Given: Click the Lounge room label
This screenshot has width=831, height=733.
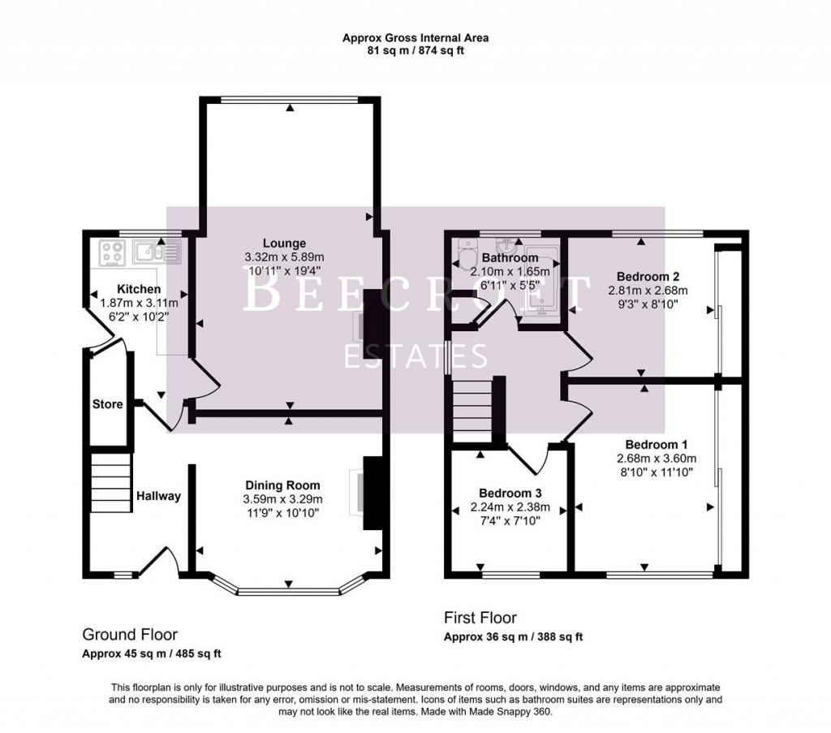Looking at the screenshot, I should point(284,243).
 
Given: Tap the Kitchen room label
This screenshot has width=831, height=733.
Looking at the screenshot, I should point(139,289).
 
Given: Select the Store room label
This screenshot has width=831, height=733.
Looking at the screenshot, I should point(108,403).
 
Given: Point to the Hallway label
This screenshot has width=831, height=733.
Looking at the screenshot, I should point(158,496).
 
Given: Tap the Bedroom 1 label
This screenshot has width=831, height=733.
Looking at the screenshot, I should point(657,445).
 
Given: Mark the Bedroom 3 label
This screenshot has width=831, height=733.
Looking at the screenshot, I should point(510,493).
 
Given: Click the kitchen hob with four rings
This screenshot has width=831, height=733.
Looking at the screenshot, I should point(110,252).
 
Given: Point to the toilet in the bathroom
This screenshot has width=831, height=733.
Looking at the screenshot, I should point(467,258).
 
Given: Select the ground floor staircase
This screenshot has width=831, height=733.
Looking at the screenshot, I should point(110,482).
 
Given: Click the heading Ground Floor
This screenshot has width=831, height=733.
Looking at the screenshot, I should point(130,635).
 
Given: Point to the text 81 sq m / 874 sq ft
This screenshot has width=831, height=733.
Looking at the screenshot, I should point(415,50).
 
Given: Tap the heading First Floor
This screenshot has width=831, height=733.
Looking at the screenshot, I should point(480,618).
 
